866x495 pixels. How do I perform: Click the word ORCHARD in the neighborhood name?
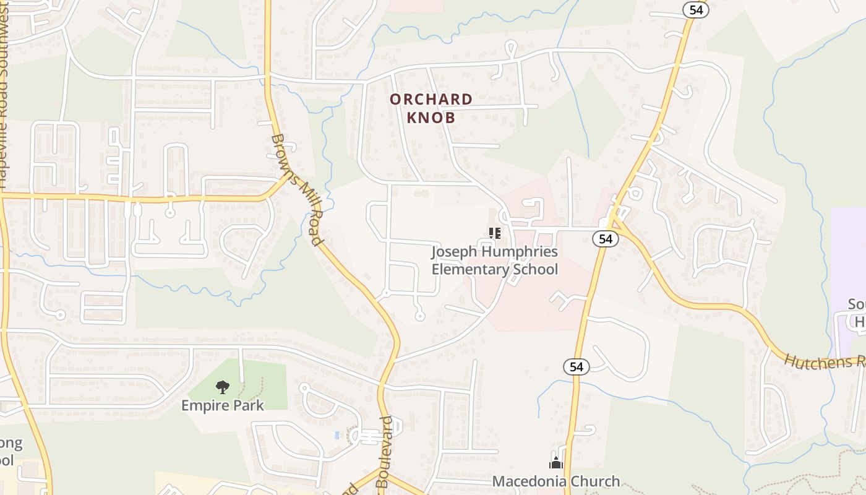(x=431, y=99)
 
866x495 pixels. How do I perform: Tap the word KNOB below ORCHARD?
(x=431, y=118)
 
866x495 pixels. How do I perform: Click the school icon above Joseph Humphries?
(x=494, y=233)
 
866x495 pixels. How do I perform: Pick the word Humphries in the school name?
(x=520, y=252)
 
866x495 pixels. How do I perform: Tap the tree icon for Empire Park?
(x=222, y=388)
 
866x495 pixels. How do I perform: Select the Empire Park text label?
(x=222, y=406)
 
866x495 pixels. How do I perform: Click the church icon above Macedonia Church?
(x=555, y=463)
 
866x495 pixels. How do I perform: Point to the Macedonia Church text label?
(x=555, y=481)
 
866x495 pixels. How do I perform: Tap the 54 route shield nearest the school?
(x=605, y=239)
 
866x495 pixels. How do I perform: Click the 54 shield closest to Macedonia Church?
(x=576, y=367)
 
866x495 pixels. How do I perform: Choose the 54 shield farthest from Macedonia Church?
(x=695, y=9)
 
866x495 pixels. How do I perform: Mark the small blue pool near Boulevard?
(x=337, y=435)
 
